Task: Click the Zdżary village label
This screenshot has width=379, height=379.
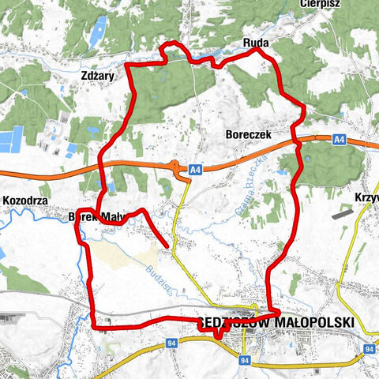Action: [x=99, y=77]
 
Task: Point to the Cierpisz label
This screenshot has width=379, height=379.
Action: [x=319, y=4]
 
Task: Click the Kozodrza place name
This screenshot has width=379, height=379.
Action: [x=26, y=201]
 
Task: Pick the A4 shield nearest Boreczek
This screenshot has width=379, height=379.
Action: [x=339, y=139]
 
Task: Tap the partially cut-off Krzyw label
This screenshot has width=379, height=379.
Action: [x=367, y=196]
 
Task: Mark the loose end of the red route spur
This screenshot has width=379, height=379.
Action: [x=168, y=248]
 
